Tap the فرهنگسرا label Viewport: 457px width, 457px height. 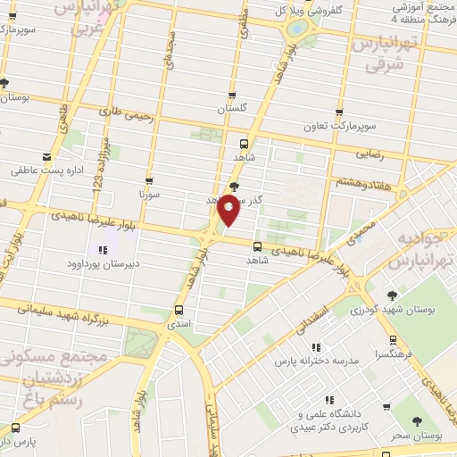393,353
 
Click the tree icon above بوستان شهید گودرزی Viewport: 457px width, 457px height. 391,295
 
